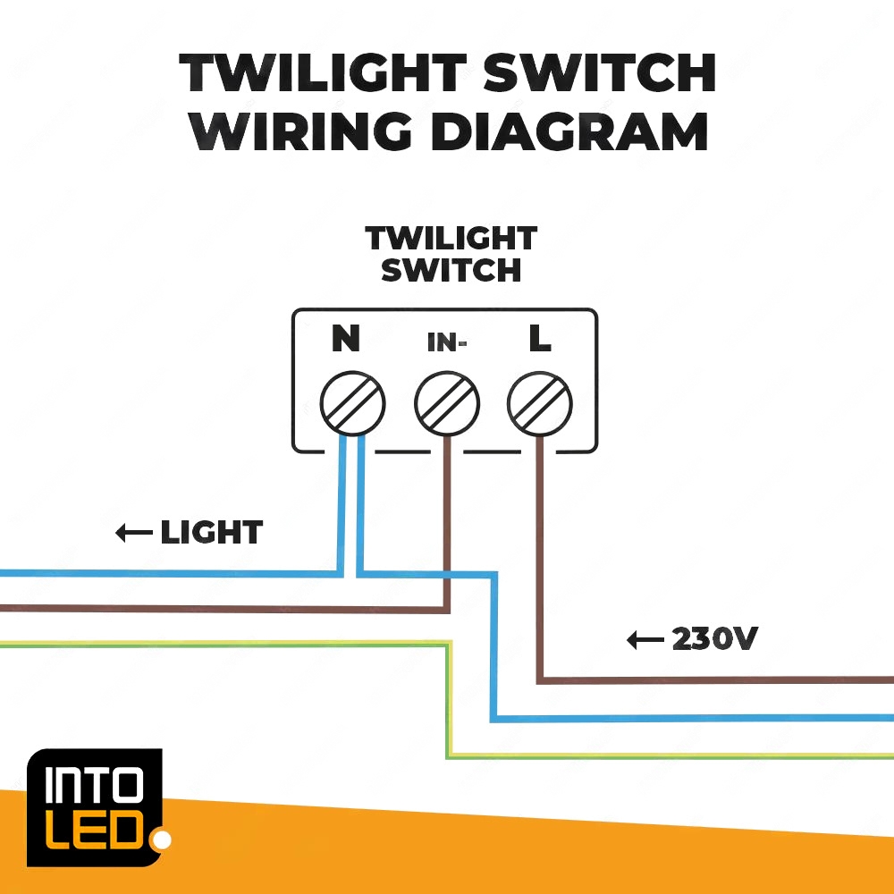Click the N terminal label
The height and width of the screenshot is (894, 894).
pos(345,340)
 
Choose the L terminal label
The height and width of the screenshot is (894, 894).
pos(539,340)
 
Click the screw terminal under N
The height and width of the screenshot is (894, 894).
pos(352,403)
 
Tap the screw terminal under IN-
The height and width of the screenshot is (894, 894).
pos(447,403)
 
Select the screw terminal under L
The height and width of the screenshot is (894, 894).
pos(539,403)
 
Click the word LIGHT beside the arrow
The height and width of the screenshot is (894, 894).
pos(211,534)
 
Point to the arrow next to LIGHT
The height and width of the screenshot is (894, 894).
pos(133,535)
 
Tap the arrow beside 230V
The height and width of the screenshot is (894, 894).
pos(645,640)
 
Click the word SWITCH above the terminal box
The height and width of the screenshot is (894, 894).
pos(451,270)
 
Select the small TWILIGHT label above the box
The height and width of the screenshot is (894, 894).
pos(451,239)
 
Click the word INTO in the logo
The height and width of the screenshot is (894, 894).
pos(94,788)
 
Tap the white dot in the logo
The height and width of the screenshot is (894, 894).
pos(162,840)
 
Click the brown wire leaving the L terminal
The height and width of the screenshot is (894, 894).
pos(540,554)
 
